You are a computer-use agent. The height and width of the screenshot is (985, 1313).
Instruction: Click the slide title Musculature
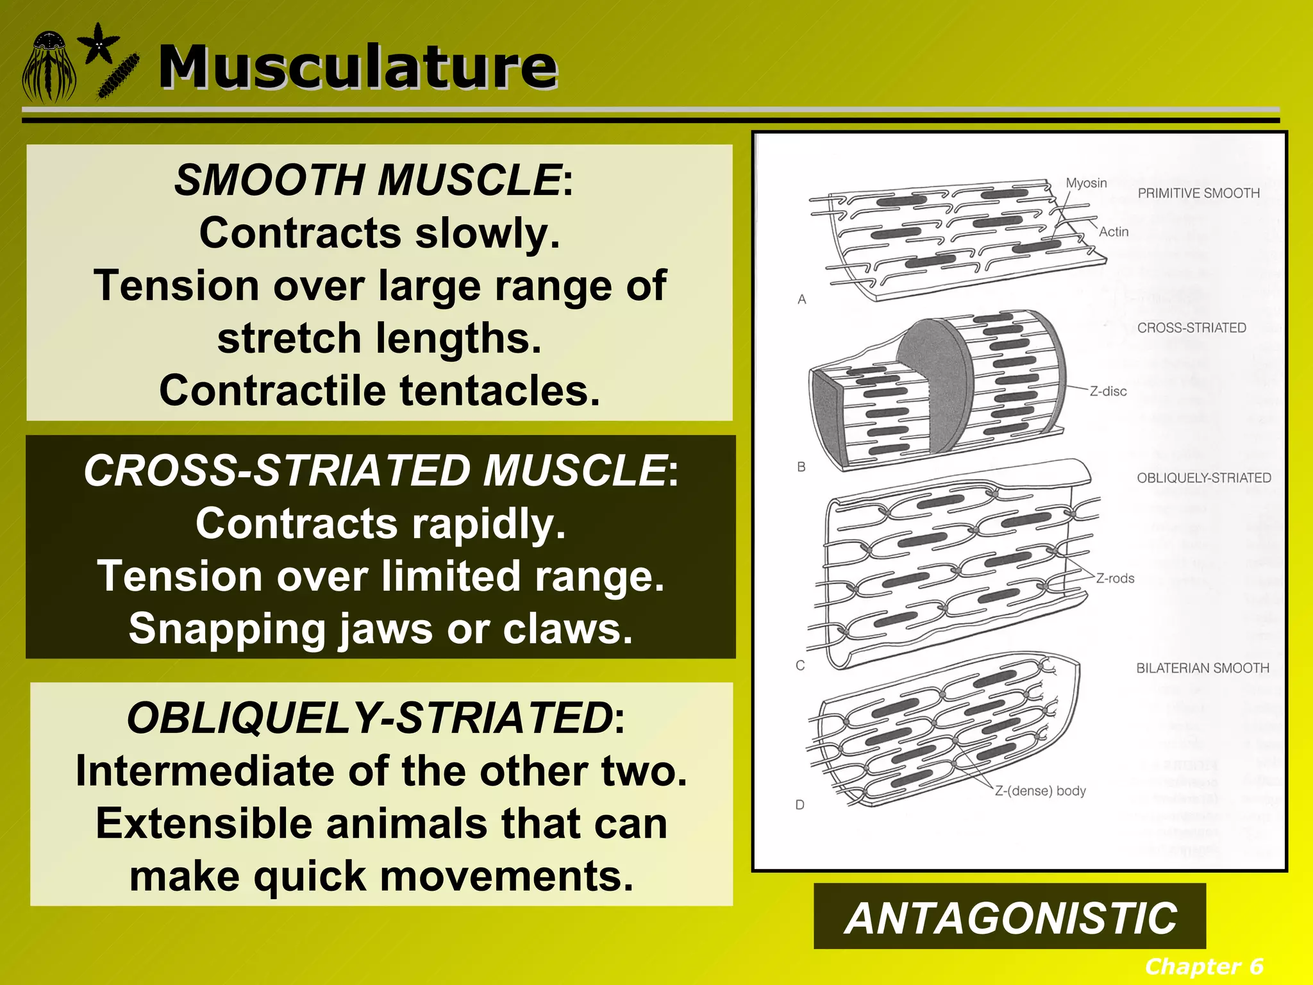(x=358, y=67)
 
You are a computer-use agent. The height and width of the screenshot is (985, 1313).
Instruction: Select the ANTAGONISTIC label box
(x=1010, y=918)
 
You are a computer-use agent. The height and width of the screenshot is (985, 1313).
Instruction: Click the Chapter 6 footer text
(x=1203, y=966)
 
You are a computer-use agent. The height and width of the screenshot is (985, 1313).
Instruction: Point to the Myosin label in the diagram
(x=1086, y=183)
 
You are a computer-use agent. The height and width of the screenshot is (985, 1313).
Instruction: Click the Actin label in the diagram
(x=1114, y=232)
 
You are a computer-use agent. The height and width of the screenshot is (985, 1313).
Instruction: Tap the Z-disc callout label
(x=1108, y=391)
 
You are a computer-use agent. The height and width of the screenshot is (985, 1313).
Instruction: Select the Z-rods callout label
(x=1115, y=578)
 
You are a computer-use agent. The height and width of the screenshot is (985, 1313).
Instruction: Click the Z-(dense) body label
(x=1040, y=791)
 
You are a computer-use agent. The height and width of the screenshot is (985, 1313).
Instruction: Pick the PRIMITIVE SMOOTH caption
(x=1198, y=193)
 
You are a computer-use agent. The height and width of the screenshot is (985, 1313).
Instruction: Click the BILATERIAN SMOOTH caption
(x=1202, y=668)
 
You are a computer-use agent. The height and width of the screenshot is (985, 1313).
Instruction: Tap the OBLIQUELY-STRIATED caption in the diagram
(x=1203, y=478)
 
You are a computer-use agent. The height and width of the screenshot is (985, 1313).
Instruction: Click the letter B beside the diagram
(x=801, y=467)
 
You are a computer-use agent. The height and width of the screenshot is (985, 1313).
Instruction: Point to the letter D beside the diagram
(x=800, y=805)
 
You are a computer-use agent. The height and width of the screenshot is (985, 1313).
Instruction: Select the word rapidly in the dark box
(x=489, y=524)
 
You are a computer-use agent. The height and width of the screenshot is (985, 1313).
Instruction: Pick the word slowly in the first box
(x=487, y=233)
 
